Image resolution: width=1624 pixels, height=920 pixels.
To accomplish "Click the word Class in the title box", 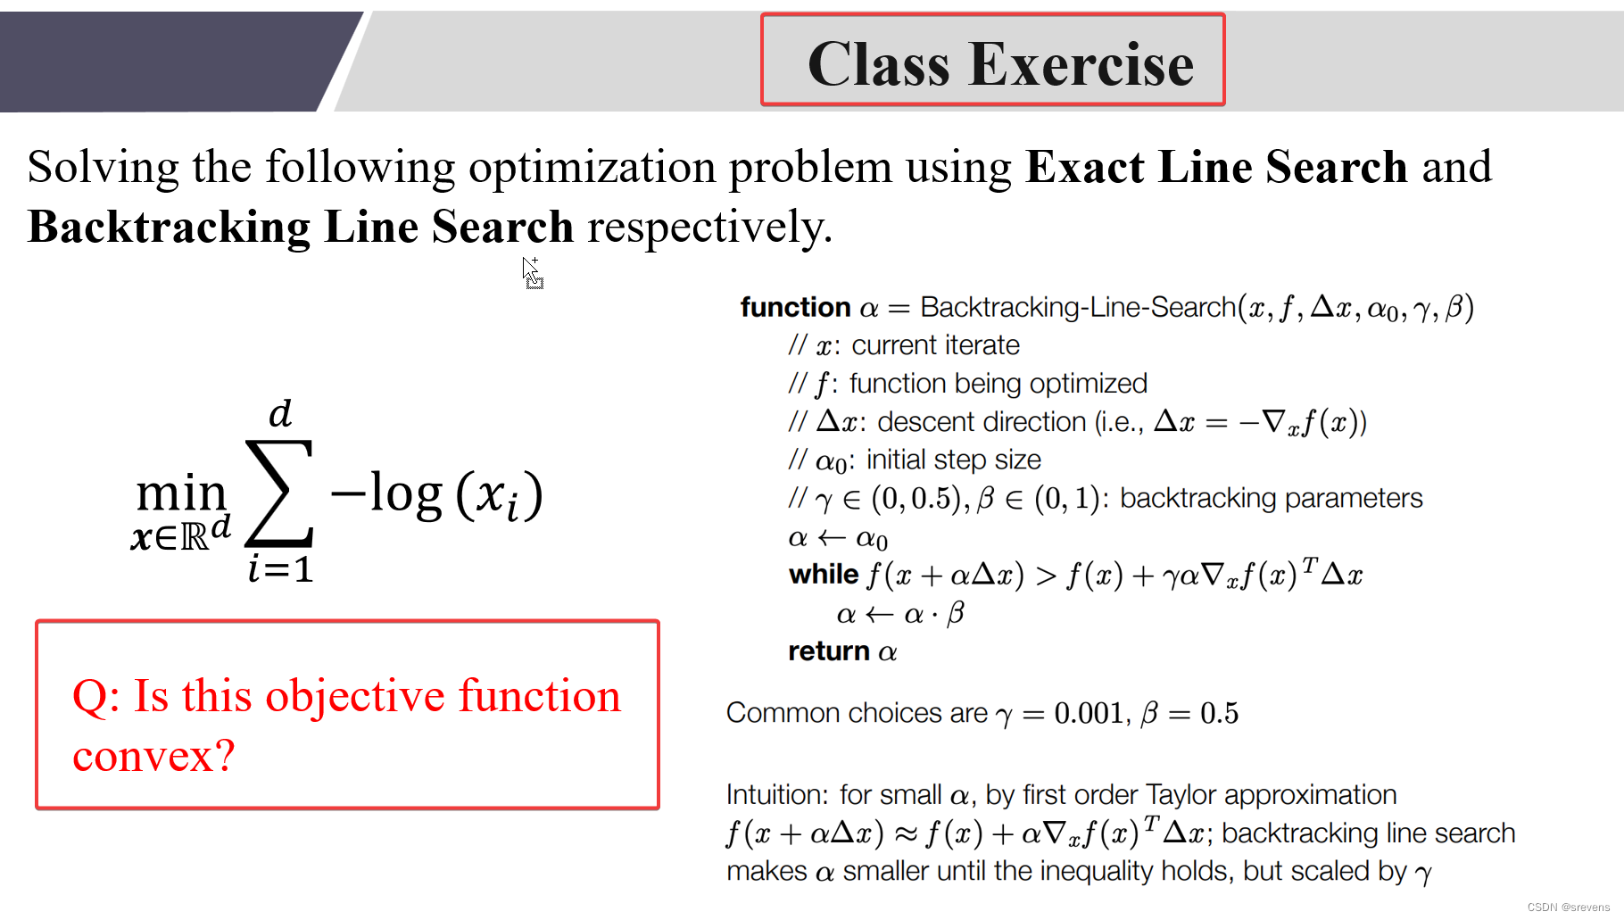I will coord(878,64).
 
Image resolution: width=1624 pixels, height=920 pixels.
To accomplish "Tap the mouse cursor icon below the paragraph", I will coord(532,272).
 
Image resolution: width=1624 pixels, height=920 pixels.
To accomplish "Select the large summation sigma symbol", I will coord(279,493).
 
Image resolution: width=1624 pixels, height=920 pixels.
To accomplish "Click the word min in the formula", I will coord(181,493).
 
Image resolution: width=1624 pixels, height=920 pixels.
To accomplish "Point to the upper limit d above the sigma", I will coord(280,413).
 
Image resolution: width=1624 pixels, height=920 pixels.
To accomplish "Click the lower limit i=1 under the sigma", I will coord(280,568).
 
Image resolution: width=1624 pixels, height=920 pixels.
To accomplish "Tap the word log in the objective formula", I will coord(406,493).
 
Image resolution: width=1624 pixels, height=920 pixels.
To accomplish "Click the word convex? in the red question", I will coord(153,755).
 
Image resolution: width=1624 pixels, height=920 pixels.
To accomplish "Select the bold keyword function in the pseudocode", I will coord(795,307).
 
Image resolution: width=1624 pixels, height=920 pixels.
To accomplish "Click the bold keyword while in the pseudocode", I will coord(823,574).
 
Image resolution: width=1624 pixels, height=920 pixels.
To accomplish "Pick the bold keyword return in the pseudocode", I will coord(828,651).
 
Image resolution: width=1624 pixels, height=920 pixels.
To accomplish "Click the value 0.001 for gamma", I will coord(1088,713).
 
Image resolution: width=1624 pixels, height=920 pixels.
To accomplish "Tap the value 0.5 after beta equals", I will coord(1219,713).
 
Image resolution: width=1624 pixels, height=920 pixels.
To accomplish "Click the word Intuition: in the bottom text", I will coord(778,794).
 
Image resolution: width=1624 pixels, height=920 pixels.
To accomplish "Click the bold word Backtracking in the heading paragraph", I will coord(169,227).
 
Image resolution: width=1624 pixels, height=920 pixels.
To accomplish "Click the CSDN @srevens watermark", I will coord(1568,907).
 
